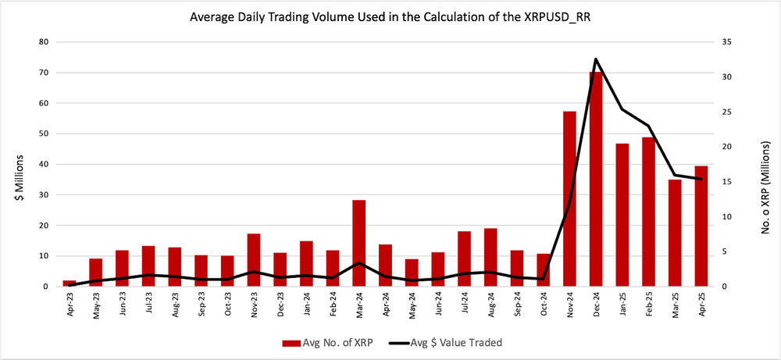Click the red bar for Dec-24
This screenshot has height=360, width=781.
596,179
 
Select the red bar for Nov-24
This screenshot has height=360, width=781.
569,199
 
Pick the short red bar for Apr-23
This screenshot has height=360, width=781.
70,283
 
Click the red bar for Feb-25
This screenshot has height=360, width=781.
648,212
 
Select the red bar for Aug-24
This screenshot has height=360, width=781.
490,257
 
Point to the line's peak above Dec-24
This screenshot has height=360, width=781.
596,59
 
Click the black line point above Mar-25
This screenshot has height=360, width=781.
675,175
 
